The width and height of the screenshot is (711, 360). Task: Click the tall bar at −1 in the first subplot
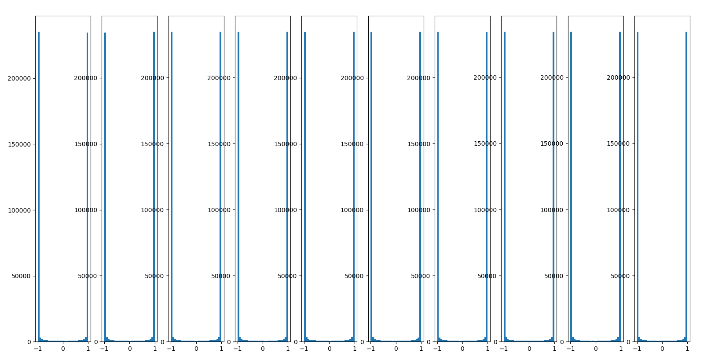[x=39, y=185]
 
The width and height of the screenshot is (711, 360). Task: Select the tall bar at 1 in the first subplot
[x=87, y=185]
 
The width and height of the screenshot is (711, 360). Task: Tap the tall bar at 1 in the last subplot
[x=686, y=185]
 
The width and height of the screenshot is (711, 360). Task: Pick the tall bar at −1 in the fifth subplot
[x=305, y=185]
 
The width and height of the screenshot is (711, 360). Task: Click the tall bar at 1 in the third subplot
[x=220, y=185]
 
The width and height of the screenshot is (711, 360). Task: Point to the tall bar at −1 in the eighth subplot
[x=505, y=185]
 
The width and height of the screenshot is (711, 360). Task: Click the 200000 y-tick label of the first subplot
[x=19, y=78]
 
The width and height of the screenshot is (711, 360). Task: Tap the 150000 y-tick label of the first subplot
[x=19, y=144]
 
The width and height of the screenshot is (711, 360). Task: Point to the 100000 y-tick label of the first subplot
[x=19, y=210]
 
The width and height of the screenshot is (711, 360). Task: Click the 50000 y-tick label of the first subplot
[x=21, y=276]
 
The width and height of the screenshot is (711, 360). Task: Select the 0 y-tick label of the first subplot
[x=29, y=342]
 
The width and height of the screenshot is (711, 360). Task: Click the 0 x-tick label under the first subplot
[x=63, y=349]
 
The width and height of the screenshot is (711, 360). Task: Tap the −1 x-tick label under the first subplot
[x=37, y=349]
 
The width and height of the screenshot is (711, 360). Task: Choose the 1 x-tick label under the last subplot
[x=687, y=349]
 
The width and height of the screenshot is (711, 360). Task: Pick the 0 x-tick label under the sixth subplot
[x=396, y=349]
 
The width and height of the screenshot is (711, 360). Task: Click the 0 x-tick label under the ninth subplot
[x=596, y=349]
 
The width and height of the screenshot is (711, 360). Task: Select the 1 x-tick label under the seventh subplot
[x=487, y=349]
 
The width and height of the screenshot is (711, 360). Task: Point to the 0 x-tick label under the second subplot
[x=129, y=349]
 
